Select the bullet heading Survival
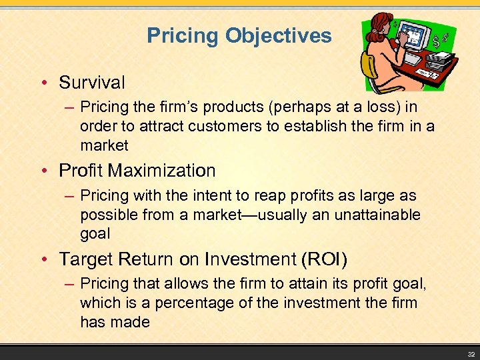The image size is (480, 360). (91, 83)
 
